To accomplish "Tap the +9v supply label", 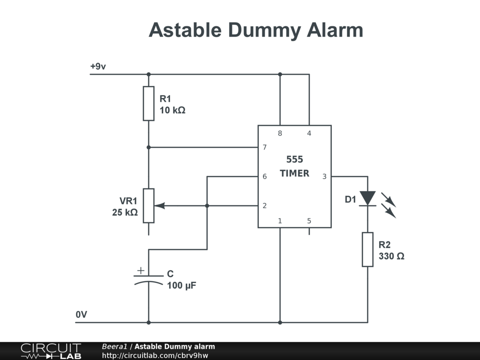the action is (x=98, y=67).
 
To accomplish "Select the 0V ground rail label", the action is (x=82, y=315).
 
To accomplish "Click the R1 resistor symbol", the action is (x=149, y=104).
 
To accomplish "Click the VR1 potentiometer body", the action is (x=149, y=205).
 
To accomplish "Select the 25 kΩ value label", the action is (x=125, y=212).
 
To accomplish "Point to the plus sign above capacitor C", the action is (x=141, y=270).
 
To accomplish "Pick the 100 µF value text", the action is (x=181, y=285).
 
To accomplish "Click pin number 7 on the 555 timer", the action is (x=265, y=147).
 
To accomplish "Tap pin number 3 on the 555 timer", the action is (x=324, y=177).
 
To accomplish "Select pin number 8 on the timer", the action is (x=280, y=134).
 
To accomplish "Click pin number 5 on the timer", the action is (x=309, y=221).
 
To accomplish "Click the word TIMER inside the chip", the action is (x=294, y=173).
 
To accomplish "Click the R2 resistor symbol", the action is (x=367, y=249).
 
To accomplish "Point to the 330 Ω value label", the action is (x=391, y=257).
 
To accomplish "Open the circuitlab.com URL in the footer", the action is (x=155, y=355).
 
